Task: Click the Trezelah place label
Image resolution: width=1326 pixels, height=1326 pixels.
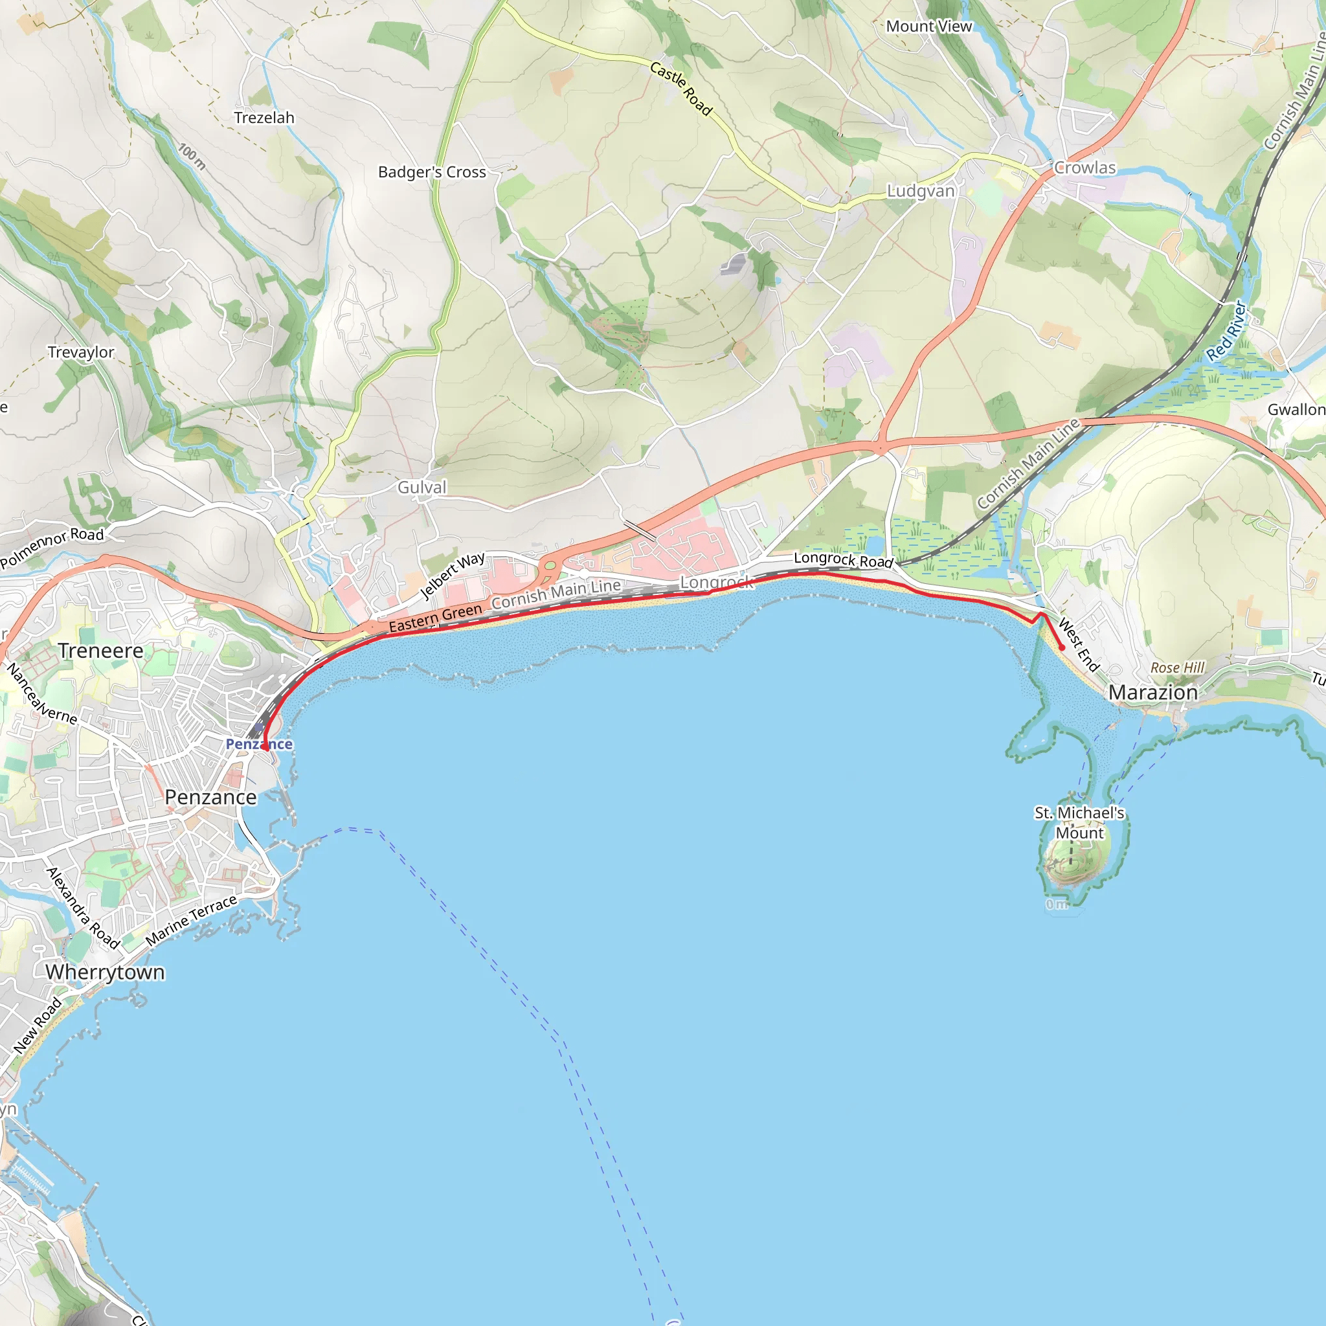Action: point(264,118)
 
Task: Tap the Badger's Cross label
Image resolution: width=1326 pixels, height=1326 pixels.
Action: point(432,172)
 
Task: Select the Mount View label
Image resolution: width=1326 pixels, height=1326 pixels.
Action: point(928,27)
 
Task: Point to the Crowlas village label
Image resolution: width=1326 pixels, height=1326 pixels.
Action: point(1085,168)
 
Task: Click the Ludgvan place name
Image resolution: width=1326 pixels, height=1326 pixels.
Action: point(921,191)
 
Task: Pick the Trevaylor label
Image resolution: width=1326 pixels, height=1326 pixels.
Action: point(81,352)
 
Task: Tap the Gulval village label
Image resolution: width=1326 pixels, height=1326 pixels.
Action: point(422,488)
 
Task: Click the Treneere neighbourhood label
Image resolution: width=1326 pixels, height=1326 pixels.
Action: point(101,651)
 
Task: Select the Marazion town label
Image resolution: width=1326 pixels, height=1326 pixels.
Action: point(1153,693)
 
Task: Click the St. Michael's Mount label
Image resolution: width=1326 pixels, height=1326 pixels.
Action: point(1079,822)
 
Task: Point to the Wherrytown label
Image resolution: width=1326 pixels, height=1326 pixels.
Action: point(105,972)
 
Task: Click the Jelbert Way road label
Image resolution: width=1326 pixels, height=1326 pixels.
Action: point(453,575)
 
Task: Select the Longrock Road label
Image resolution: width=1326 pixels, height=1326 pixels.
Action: point(844,560)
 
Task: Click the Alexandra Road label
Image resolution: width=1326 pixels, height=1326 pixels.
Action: point(83,907)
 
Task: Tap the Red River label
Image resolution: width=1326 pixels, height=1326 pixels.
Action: point(1226,330)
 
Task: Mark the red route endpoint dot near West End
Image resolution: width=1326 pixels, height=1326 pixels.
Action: point(1062,647)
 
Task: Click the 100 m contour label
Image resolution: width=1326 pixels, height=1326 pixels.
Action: point(192,156)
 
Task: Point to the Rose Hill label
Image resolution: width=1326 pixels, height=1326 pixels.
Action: point(1177,668)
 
